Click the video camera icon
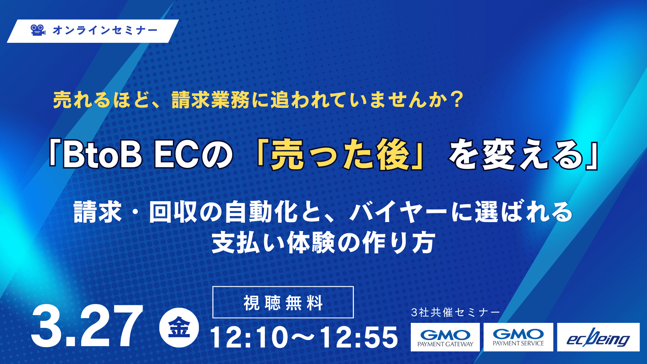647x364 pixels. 38,30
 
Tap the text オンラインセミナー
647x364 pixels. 105,30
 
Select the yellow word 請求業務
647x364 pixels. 211,100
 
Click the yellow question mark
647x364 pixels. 457,100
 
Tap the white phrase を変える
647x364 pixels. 516,155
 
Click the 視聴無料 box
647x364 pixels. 283,302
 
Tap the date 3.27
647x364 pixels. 87,326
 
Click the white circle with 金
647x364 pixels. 179,328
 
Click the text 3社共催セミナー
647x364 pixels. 456,312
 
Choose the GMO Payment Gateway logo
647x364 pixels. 445,337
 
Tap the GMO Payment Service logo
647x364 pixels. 518,337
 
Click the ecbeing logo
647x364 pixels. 598,337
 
